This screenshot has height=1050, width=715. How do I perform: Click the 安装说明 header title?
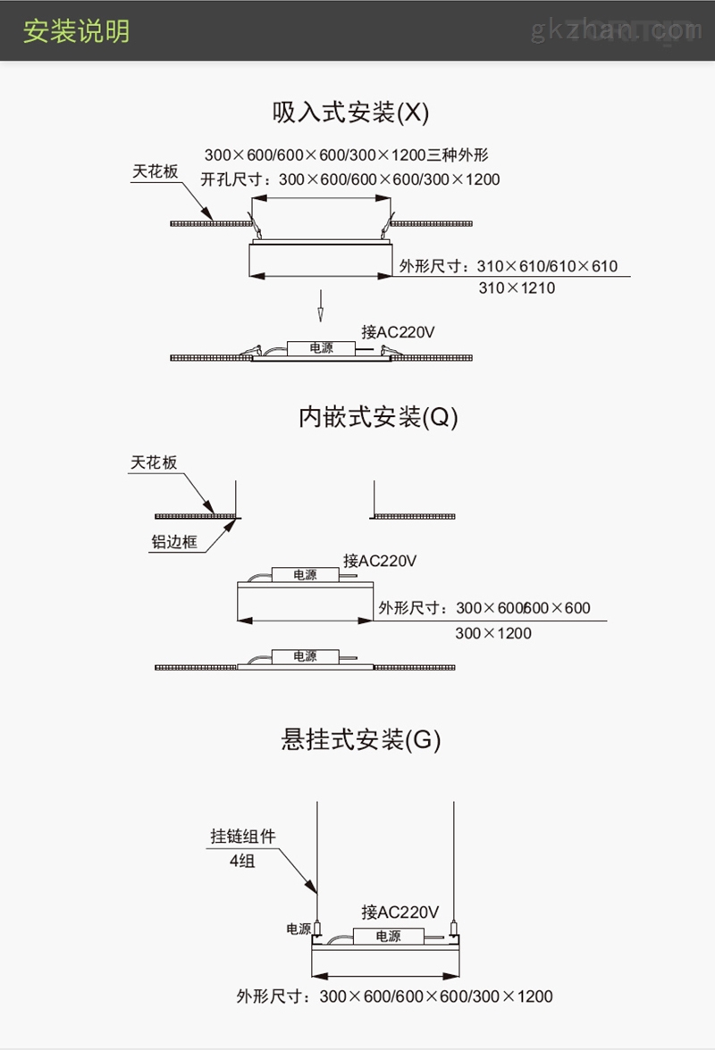(76, 31)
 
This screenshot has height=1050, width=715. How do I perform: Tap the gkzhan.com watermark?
(617, 30)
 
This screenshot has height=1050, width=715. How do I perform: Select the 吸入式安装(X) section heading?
(350, 112)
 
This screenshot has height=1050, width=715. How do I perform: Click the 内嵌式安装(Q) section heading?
(378, 416)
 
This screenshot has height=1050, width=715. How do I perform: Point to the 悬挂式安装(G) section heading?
(360, 739)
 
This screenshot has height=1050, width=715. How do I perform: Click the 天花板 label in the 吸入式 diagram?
(155, 171)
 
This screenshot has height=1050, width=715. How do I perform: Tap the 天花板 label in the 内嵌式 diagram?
(154, 462)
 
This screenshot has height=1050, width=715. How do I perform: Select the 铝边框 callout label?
(174, 542)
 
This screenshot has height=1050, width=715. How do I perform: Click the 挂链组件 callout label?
(243, 836)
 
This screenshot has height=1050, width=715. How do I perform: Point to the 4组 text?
(242, 861)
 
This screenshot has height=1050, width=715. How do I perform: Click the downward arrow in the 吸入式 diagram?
(320, 305)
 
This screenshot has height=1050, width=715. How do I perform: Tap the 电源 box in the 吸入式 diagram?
(322, 348)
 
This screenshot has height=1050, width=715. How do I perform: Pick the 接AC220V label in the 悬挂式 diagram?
(400, 912)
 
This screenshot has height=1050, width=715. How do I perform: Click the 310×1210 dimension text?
(517, 287)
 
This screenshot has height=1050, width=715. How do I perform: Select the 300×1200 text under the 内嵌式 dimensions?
(493, 634)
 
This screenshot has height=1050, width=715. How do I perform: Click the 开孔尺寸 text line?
(350, 179)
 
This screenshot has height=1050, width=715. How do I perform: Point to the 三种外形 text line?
(347, 154)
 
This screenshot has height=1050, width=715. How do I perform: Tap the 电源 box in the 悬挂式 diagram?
(389, 936)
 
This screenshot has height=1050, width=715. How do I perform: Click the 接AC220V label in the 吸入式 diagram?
(398, 331)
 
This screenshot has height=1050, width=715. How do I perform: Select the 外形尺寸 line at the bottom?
(395, 996)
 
